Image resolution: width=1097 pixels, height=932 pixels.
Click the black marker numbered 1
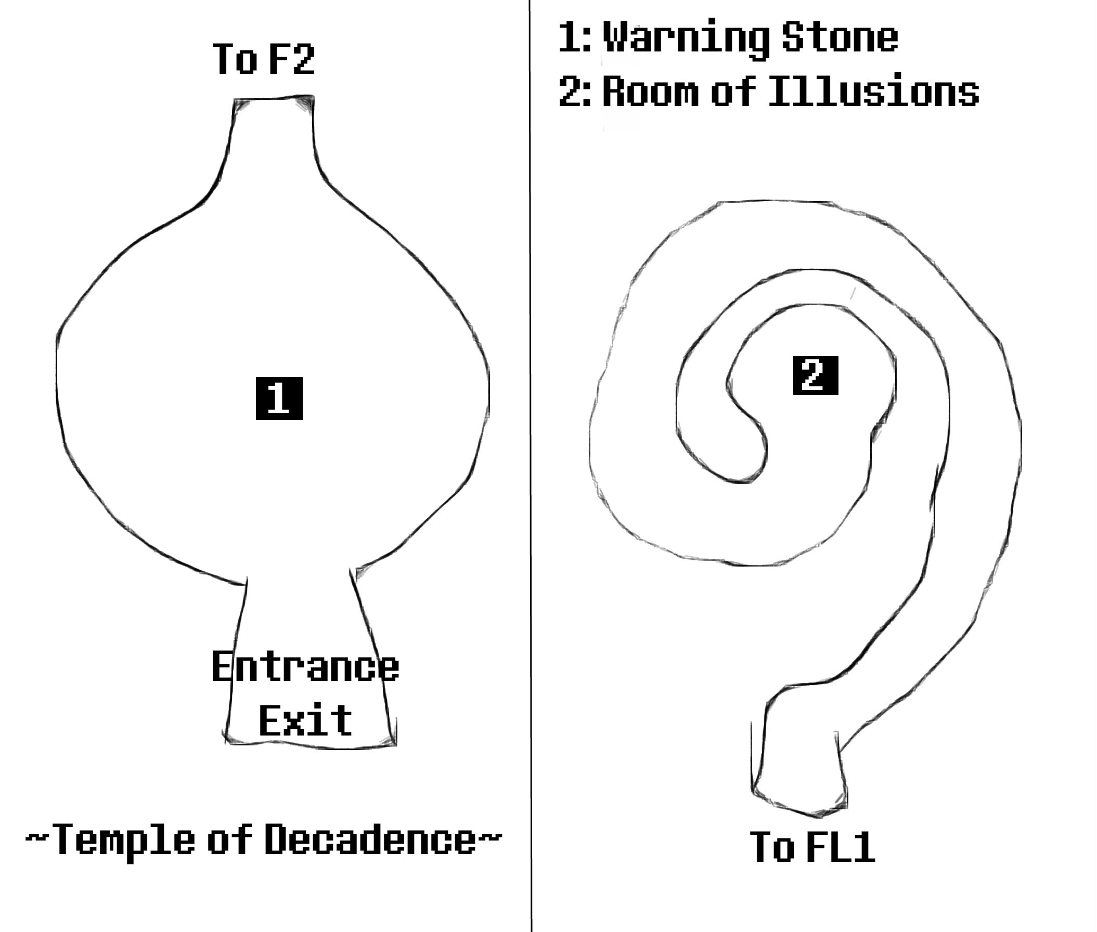pyautogui.click(x=279, y=398)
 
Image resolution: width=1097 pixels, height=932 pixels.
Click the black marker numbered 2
pyautogui.click(x=815, y=375)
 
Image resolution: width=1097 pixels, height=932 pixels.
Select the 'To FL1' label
pyautogui.click(x=812, y=846)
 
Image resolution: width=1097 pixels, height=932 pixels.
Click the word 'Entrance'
pyautogui.click(x=305, y=667)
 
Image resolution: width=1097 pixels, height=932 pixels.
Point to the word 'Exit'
pyautogui.click(x=305, y=720)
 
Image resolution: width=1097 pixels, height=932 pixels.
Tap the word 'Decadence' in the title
pyautogui.click(x=370, y=839)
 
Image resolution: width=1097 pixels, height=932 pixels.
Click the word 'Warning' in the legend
pyautogui.click(x=686, y=37)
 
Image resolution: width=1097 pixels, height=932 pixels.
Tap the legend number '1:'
pyautogui.click(x=574, y=37)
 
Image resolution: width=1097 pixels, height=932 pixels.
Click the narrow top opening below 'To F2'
pyautogui.click(x=274, y=106)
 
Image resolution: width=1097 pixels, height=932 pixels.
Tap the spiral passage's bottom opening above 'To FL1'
pyautogui.click(x=798, y=793)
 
